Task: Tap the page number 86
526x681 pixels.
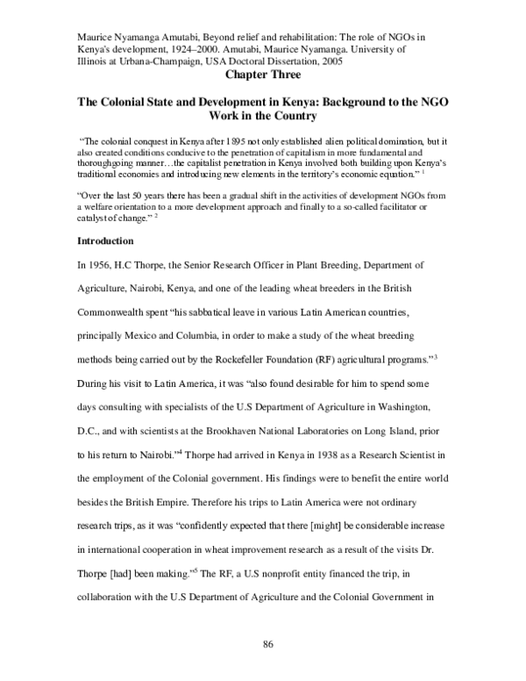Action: point(269,645)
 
